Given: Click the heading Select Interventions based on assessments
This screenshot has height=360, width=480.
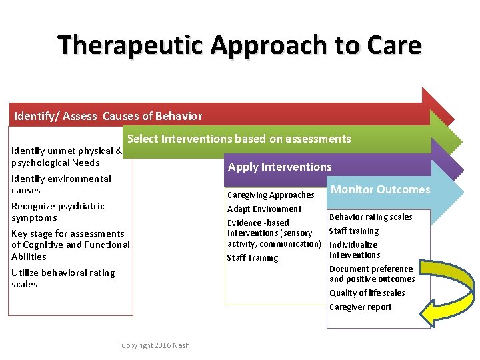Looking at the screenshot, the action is pyautogui.click(x=239, y=139).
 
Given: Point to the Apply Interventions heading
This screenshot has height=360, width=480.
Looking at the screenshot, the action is pyautogui.click(x=279, y=167).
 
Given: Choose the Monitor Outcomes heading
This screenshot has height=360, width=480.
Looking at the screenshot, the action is pyautogui.click(x=381, y=189).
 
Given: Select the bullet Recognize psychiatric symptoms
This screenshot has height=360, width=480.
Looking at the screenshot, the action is pyautogui.click(x=58, y=212).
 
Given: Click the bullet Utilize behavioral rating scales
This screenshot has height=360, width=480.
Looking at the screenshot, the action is pyautogui.click(x=63, y=279).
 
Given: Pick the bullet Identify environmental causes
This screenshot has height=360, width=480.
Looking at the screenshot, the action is pyautogui.click(x=61, y=184).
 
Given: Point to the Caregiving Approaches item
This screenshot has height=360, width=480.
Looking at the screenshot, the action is pyautogui.click(x=271, y=195).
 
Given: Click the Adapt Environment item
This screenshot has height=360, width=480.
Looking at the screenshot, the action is pyautogui.click(x=264, y=209).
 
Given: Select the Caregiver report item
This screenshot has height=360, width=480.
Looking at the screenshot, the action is pyautogui.click(x=360, y=307).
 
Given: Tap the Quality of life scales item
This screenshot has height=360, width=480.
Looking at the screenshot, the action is pyautogui.click(x=367, y=293).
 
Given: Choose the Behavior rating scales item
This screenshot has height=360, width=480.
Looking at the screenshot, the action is pyautogui.click(x=371, y=217).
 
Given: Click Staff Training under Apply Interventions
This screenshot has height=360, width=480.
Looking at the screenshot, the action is pyautogui.click(x=252, y=258).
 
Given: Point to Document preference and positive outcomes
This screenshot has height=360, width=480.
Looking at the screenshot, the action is pyautogui.click(x=371, y=274).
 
